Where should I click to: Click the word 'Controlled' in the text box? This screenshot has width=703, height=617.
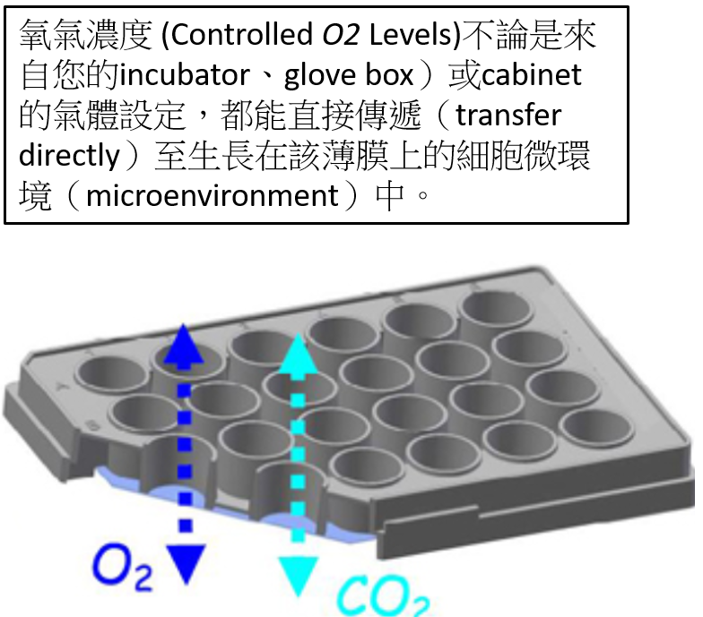pos(242,34)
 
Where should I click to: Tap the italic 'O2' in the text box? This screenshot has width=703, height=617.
pos(341,35)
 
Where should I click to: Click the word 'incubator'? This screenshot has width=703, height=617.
pos(185,75)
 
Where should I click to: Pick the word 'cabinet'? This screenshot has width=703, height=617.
pos(531,75)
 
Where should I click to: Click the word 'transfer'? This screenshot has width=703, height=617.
pos(508,115)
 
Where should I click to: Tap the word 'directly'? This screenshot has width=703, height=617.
pos(70,156)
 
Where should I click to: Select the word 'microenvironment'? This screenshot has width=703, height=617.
pos(213,196)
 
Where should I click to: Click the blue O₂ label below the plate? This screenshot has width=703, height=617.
pos(122,566)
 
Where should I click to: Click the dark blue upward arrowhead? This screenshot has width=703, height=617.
pos(183,344)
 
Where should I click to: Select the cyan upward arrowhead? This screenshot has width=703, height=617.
pos(298,353)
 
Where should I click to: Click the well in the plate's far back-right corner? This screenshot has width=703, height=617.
pos(498,308)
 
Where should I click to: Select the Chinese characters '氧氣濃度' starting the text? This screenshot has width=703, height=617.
pos(86,35)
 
